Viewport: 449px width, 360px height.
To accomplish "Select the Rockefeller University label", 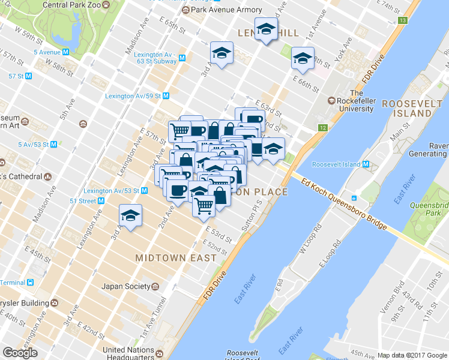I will click(356, 101).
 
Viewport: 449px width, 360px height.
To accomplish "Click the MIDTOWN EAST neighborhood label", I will click(175, 258).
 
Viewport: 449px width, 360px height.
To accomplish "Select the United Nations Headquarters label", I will click(129, 354).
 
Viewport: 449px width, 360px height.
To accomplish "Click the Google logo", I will click(20, 353).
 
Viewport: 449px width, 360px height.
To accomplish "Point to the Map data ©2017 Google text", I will click(412, 355).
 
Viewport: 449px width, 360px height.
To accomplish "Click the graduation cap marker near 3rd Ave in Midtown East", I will click(130, 216).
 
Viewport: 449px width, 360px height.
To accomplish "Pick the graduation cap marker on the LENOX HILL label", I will click(265, 31).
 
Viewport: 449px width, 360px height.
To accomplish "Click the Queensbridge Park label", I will click(427, 209).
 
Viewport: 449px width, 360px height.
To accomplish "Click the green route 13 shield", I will click(402, 21).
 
